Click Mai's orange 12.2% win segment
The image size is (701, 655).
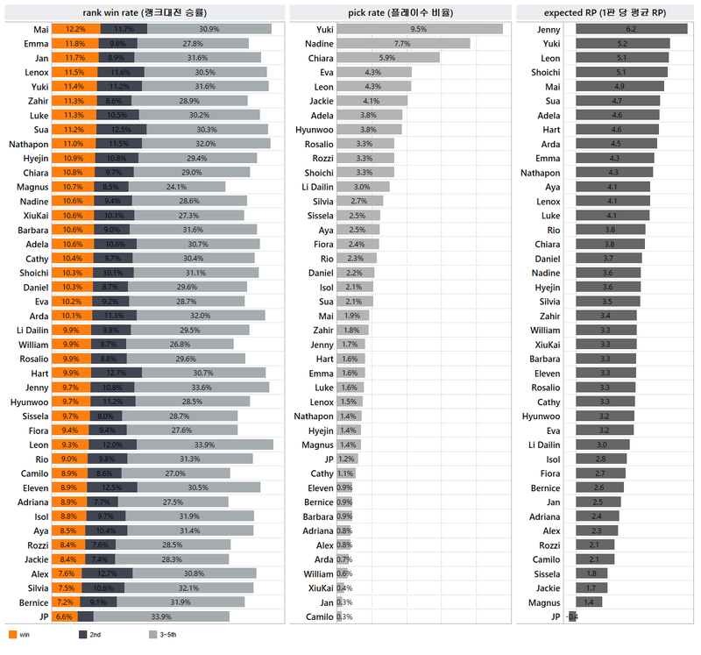[75, 29]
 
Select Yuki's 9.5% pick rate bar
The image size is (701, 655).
[419, 29]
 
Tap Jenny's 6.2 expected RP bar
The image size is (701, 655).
[631, 29]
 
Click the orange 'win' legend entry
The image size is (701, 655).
[18, 634]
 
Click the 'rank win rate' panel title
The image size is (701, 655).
[145, 11]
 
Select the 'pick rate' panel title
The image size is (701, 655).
[401, 11]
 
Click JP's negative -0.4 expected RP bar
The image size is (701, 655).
[572, 616]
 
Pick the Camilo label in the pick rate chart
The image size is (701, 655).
[320, 616]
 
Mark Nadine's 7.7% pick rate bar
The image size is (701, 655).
[403, 43]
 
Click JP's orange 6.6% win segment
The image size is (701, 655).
[64, 616]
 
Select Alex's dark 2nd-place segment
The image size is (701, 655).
[106, 573]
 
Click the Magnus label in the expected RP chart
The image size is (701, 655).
[547, 602]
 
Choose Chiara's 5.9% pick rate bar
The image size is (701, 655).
[387, 57]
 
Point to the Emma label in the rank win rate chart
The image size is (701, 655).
[35, 43]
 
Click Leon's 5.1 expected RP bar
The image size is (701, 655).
[621, 58]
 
